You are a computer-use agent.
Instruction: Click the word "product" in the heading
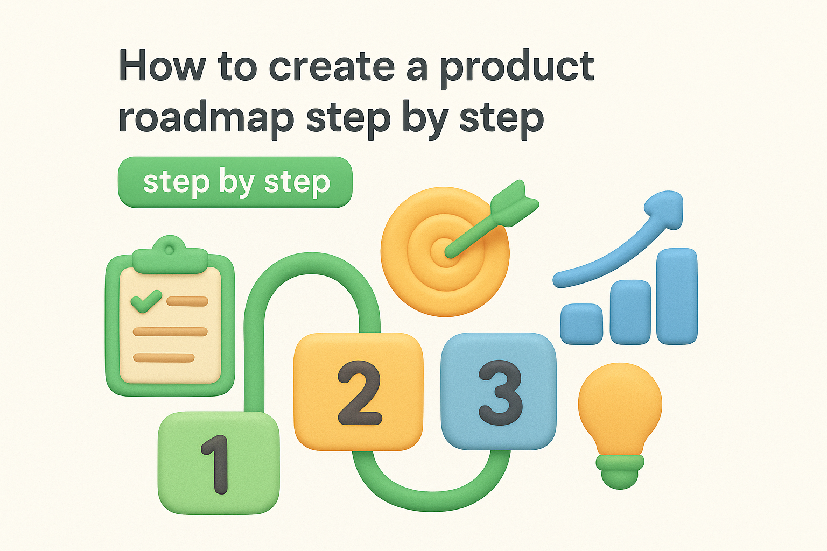point(517,68)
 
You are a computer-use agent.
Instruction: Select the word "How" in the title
point(162,66)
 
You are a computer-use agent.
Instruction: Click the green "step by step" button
point(235,182)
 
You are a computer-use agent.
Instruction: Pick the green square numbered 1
point(218,463)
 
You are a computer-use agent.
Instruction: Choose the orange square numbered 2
point(358,392)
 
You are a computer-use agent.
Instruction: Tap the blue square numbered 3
point(499,391)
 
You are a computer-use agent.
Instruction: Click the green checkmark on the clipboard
point(146,301)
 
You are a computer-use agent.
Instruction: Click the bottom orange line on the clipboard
point(164,358)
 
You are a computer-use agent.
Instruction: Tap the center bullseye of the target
point(446,251)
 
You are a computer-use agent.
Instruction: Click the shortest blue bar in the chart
point(581,324)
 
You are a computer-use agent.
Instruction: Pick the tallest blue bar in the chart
point(677,296)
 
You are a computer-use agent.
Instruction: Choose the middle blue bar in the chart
point(630,312)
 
